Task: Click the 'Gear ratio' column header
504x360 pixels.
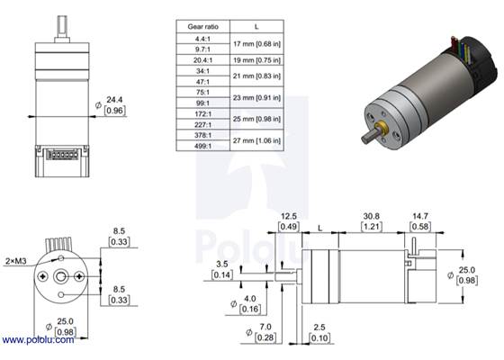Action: [202, 28]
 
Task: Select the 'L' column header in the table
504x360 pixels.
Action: [257, 28]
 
